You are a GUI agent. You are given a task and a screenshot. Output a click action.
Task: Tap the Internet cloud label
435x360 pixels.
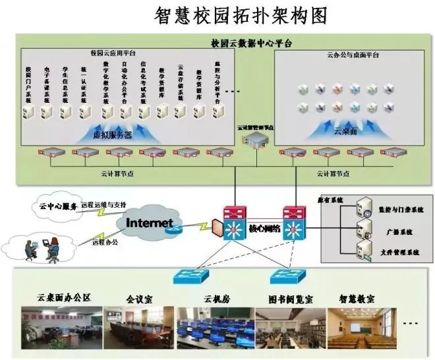pos(150,222)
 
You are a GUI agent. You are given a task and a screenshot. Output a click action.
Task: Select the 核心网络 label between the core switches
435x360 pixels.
pos(264,228)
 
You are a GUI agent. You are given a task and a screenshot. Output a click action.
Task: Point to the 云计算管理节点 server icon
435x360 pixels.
pos(254,137)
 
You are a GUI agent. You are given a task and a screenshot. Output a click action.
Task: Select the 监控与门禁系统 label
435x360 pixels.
pos(401,209)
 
